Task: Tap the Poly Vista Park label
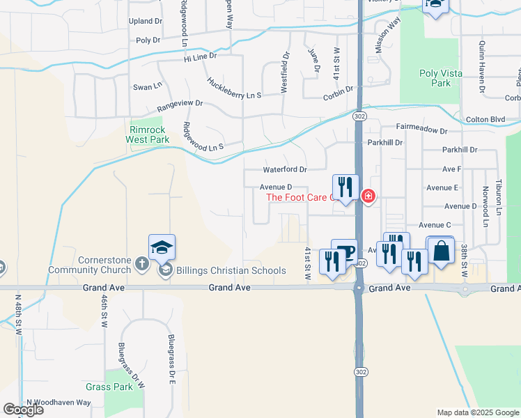tap(436, 78)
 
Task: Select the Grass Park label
tap(109, 387)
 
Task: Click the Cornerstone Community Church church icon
tap(141, 263)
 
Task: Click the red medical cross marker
tap(368, 197)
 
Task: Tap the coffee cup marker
tap(344, 251)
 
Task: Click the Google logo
tap(23, 410)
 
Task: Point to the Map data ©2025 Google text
tap(478, 412)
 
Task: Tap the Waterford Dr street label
tap(284, 169)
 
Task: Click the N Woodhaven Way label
tap(59, 403)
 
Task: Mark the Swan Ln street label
tap(147, 86)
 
